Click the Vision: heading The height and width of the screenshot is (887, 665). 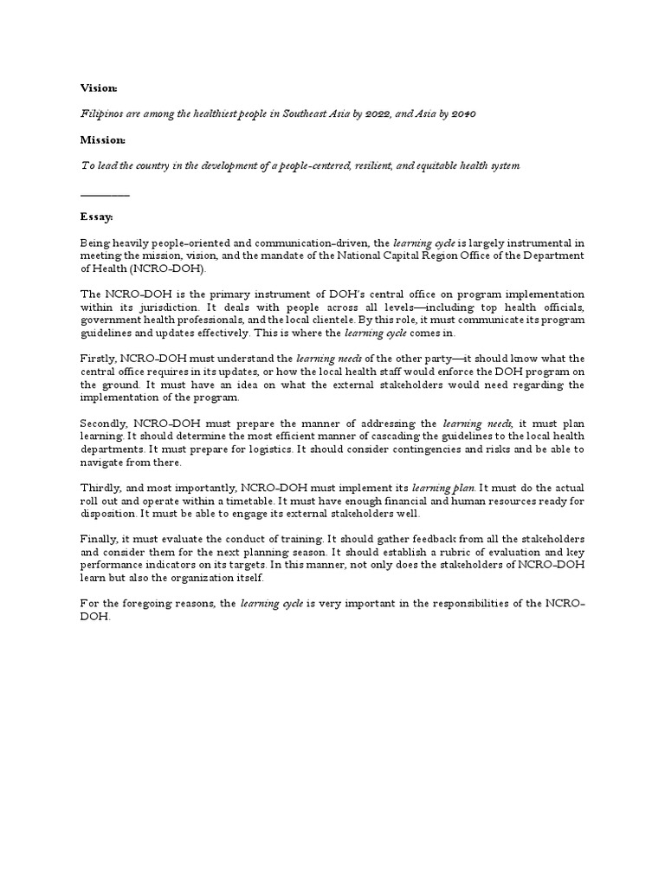click(98, 89)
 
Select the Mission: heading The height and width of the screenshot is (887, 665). click(102, 139)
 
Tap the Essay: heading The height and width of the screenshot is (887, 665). click(96, 216)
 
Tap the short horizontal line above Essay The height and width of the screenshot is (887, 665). click(105, 196)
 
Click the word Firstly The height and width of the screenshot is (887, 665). click(97, 359)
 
